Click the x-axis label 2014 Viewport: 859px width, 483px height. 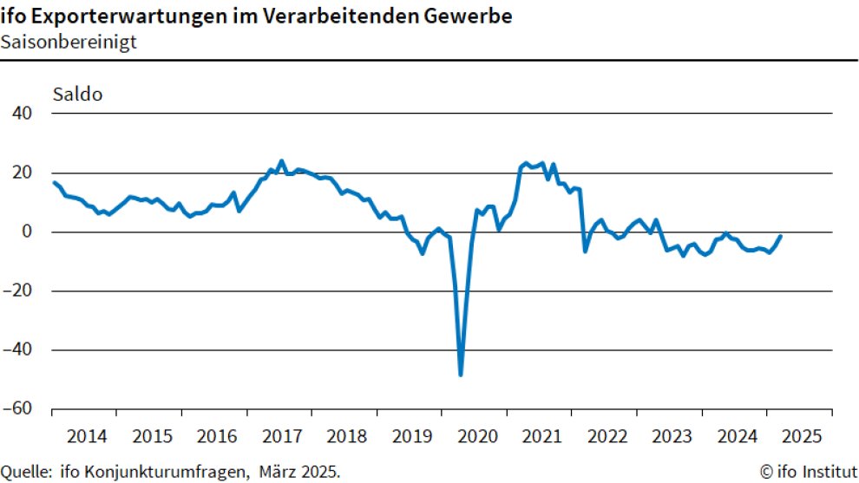tap(86, 434)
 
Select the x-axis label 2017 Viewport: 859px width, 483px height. tap(281, 434)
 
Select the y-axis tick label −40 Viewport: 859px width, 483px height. tap(19, 350)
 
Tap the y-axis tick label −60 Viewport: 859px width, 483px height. tap(19, 409)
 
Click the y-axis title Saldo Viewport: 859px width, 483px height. tap(78, 94)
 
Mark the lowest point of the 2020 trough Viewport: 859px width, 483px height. tap(461, 375)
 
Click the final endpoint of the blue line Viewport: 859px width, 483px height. tap(780, 236)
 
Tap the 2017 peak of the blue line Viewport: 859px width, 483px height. tap(281, 161)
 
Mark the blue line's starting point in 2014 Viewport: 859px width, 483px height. tap(54, 182)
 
